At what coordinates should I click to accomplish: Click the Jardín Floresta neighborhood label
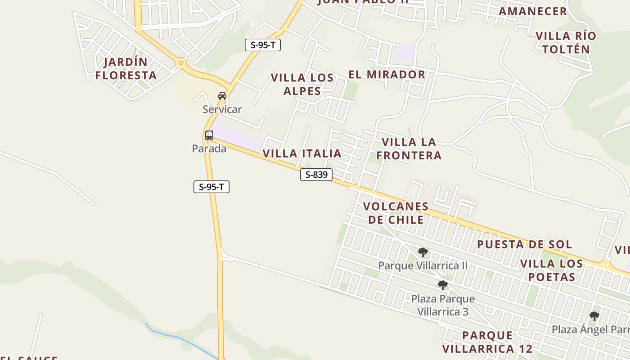126,68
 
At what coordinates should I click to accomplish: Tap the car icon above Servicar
222,95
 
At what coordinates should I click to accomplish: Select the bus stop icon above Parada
209,135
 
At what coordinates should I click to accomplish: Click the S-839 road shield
316,175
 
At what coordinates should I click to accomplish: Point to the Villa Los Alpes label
302,84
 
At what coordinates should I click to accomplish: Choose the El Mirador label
387,74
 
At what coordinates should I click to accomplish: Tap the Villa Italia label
302,153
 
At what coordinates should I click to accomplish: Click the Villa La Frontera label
409,148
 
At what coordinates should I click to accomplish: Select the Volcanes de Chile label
396,213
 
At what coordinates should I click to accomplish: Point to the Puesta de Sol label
524,244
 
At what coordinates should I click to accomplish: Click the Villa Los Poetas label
552,270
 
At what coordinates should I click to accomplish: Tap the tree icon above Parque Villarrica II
423,252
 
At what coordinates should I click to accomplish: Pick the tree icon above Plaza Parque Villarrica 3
443,285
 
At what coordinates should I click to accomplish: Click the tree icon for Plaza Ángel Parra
594,316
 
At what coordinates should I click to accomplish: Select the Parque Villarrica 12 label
487,342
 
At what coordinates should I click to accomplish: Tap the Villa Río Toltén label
566,42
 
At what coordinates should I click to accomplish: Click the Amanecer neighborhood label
533,11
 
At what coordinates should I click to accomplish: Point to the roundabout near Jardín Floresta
181,63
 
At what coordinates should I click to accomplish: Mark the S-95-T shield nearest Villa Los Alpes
263,45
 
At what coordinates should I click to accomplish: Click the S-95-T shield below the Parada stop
211,187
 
